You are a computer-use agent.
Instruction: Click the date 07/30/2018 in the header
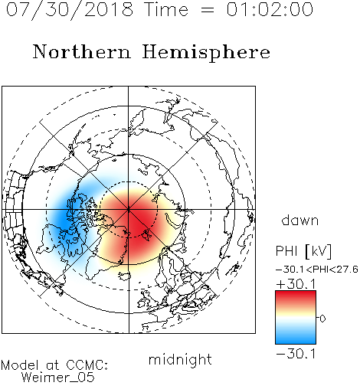[70, 10]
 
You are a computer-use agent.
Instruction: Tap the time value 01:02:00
[270, 9]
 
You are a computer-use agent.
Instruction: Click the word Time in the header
[166, 9]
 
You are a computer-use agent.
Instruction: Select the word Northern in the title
[82, 51]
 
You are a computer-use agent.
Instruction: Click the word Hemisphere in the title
[206, 53]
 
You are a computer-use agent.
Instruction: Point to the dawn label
[299, 221]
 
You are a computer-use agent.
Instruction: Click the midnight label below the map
[180, 359]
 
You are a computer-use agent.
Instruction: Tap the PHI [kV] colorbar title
[303, 251]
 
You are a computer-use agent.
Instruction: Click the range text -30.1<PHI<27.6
[317, 270]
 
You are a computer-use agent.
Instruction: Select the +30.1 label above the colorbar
[296, 284]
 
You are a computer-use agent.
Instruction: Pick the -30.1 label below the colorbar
[296, 354]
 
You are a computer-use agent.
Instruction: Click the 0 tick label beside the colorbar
[322, 319]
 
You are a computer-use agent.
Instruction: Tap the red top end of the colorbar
[296, 293]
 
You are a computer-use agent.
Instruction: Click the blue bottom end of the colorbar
[296, 342]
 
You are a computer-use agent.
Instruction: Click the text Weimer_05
[57, 378]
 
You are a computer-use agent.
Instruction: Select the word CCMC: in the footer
[87, 365]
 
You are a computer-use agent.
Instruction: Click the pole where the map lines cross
[129, 210]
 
